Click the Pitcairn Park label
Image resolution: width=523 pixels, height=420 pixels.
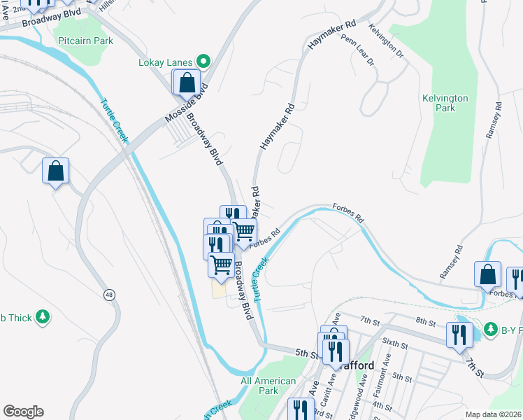(x=85, y=41)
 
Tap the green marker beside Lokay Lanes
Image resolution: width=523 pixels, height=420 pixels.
(x=203, y=62)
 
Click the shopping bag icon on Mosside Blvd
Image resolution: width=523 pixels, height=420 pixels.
(x=187, y=83)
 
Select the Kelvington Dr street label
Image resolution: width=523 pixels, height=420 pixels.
(x=387, y=43)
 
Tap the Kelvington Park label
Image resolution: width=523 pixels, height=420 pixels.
(x=445, y=104)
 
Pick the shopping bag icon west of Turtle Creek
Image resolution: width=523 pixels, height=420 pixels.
(x=56, y=171)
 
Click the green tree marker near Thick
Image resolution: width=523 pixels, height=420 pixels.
(x=43, y=317)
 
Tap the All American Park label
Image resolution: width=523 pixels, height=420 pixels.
(x=268, y=386)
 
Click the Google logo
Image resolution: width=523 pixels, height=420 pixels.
(x=23, y=412)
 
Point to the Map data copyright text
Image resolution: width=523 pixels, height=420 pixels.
(x=492, y=414)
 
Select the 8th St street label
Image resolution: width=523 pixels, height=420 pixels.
(x=425, y=321)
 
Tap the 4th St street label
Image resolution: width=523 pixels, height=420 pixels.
(x=382, y=405)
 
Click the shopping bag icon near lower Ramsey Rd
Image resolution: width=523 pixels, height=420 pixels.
(x=487, y=275)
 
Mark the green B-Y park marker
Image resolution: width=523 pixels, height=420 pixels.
(x=492, y=328)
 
